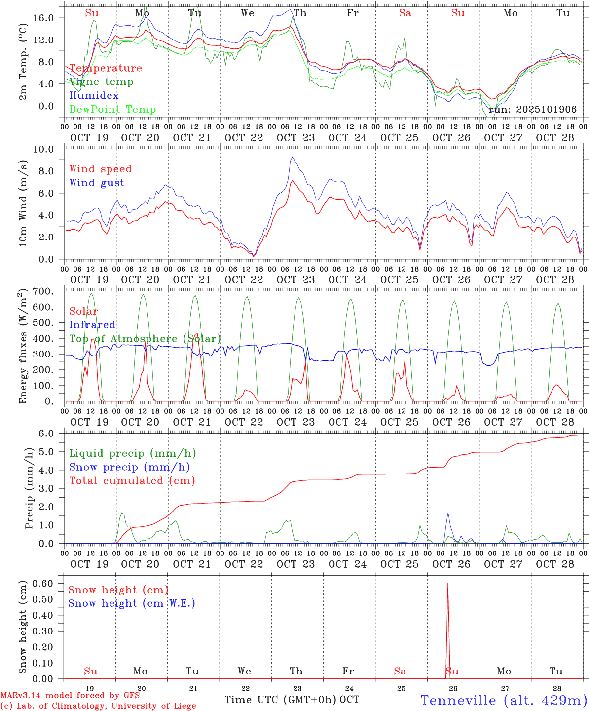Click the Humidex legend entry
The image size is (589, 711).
pyautogui.click(x=94, y=96)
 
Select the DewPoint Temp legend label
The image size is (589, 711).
pyautogui.click(x=112, y=110)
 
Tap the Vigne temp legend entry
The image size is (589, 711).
pyautogui.click(x=101, y=82)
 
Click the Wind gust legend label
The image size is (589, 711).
pyautogui.click(x=97, y=183)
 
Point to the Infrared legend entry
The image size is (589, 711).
pyautogui.click(x=92, y=325)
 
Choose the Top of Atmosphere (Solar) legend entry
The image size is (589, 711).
pyautogui.click(x=145, y=339)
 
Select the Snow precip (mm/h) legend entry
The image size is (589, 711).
pyautogui.click(x=129, y=467)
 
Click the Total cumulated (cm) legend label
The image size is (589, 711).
pyautogui.click(x=132, y=481)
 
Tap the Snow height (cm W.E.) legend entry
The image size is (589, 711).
pyautogui.click(x=131, y=603)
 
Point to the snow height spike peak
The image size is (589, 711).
pyautogui.click(x=448, y=584)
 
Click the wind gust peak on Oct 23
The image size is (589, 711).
pyautogui.click(x=293, y=157)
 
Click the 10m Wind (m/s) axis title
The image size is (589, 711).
pyautogui.click(x=23, y=202)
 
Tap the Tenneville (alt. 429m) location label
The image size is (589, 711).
pyautogui.click(x=503, y=700)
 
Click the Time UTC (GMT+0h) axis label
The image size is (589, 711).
pyautogui.click(x=281, y=700)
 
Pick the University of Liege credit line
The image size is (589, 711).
pyautogui.click(x=98, y=706)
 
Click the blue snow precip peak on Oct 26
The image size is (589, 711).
pyautogui.click(x=448, y=512)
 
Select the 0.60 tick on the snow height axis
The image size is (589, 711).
pyautogui.click(x=47, y=583)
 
